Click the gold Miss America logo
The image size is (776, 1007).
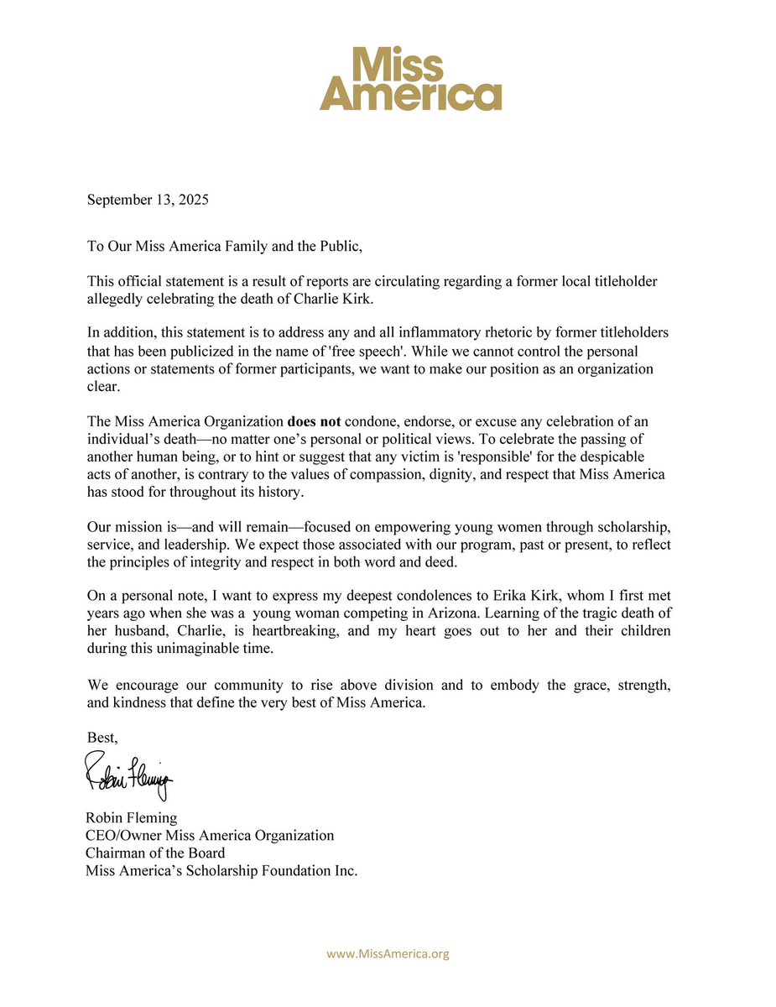tap(410, 78)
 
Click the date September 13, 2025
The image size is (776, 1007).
tap(148, 201)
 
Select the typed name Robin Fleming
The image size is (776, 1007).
tap(131, 817)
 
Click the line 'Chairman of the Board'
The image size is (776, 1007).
tap(155, 853)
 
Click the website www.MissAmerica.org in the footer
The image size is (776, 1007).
tap(388, 953)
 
